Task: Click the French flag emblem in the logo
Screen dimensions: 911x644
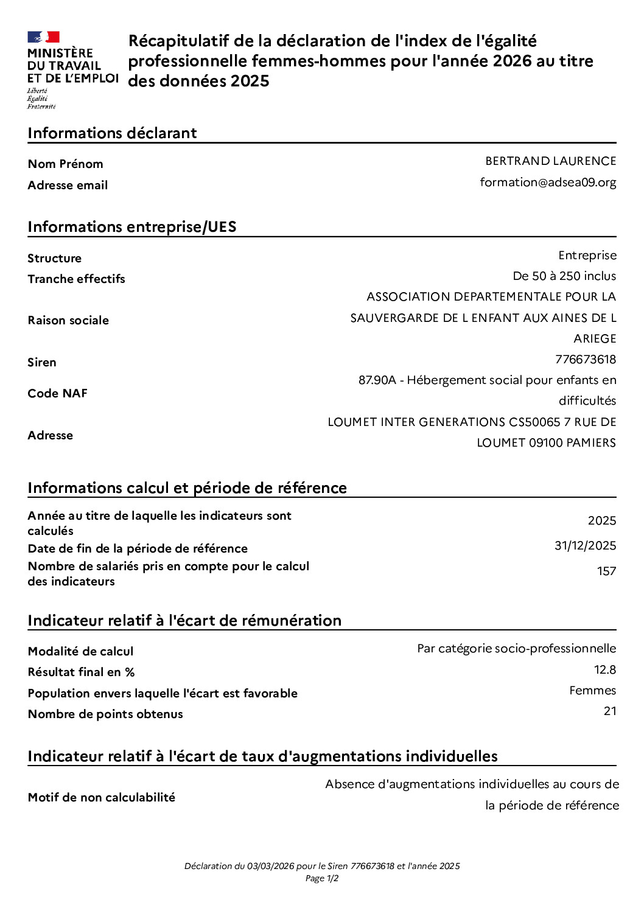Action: (x=43, y=37)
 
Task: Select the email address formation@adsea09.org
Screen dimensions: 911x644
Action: (x=548, y=183)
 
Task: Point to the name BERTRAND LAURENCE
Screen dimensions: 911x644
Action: (x=550, y=161)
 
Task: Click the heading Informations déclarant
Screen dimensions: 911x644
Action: (x=112, y=133)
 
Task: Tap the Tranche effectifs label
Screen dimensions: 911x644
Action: (x=76, y=279)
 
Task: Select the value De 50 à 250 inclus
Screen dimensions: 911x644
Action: (x=564, y=276)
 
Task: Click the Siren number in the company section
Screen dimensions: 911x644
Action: (x=586, y=360)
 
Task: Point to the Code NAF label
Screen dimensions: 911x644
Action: (x=58, y=393)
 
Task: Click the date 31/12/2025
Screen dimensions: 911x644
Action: (x=585, y=546)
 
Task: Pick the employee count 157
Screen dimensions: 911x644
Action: (x=606, y=571)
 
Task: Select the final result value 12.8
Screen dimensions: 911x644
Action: (x=605, y=670)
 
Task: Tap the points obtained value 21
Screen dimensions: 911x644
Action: (x=610, y=711)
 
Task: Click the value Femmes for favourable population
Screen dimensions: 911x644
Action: (x=592, y=691)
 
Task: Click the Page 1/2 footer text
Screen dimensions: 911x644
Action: (x=322, y=878)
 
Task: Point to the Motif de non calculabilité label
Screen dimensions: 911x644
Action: (x=102, y=797)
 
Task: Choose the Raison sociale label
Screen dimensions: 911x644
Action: (x=68, y=321)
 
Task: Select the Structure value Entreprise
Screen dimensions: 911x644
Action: (x=587, y=256)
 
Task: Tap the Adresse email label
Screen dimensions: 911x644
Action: (x=68, y=186)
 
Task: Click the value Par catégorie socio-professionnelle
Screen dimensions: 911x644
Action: (x=516, y=649)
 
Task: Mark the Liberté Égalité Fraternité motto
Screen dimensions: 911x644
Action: (x=41, y=99)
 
